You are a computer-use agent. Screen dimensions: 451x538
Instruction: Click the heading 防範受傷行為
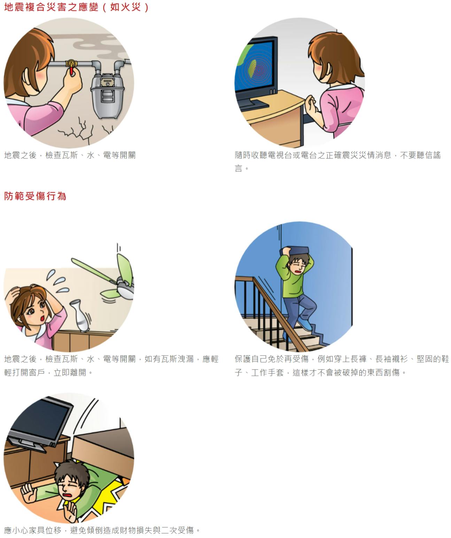click(35, 196)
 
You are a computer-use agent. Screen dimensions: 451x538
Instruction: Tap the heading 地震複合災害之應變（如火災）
click(76, 7)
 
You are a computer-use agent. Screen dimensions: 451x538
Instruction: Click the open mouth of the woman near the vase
click(42, 318)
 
